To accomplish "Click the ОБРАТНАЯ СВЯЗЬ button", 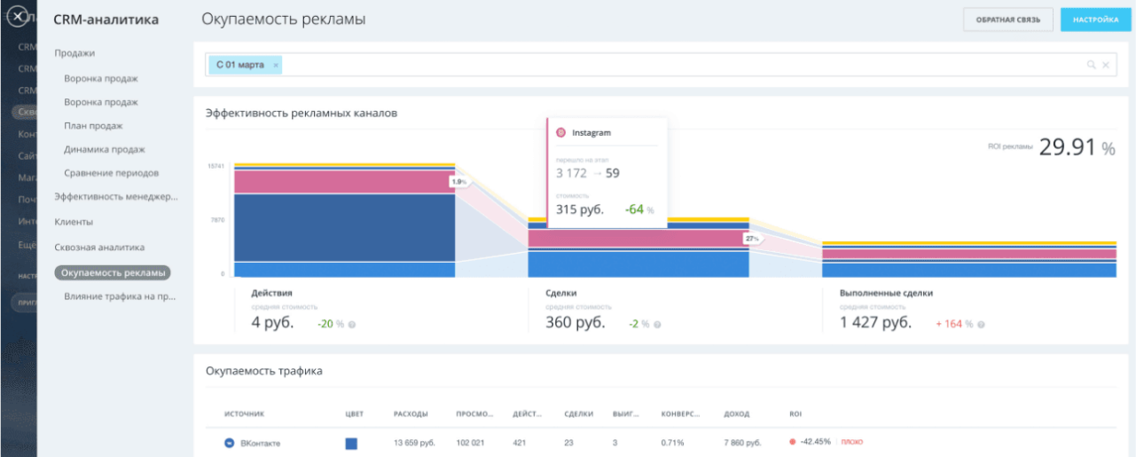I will click(1008, 20).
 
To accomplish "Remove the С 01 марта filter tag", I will click(276, 65).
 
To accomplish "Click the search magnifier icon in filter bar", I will click(1091, 65).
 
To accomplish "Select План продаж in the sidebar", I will click(93, 126).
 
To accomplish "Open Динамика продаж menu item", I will click(104, 149).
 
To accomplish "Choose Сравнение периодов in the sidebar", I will click(112, 173).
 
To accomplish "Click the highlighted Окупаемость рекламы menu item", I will click(113, 273).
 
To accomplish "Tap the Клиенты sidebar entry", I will click(74, 222).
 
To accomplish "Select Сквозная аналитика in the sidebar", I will click(99, 248).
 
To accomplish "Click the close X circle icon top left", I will click(17, 17).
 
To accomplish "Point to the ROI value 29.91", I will click(1067, 148).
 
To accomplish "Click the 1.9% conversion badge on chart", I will click(458, 182).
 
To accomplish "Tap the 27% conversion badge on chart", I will click(752, 239).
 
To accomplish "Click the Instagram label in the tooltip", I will click(591, 133).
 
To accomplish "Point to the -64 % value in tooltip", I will click(638, 210).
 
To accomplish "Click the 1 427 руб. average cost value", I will click(875, 323).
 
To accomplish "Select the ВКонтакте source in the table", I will click(260, 443).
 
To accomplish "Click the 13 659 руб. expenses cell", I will click(413, 443).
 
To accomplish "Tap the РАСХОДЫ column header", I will click(411, 414).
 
